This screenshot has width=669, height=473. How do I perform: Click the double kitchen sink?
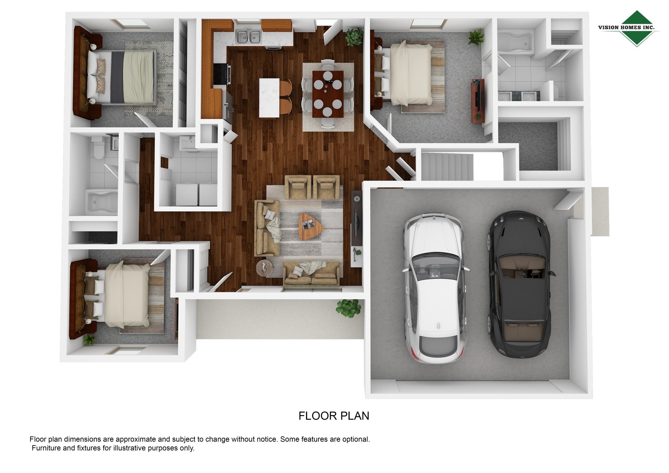click(248, 36)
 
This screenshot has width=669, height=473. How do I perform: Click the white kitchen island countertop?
click(269, 98)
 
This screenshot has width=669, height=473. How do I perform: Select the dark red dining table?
click(328, 94)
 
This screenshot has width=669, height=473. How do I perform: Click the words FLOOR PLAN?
click(334, 416)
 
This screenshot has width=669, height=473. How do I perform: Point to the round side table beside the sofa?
click(264, 268)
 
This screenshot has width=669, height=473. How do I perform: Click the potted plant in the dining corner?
click(354, 37)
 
